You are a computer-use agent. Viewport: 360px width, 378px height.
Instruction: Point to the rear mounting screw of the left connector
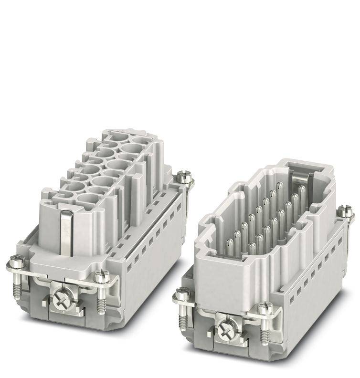pos(184,177)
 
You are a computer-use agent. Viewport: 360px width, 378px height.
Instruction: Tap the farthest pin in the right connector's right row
pos(302,189)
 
